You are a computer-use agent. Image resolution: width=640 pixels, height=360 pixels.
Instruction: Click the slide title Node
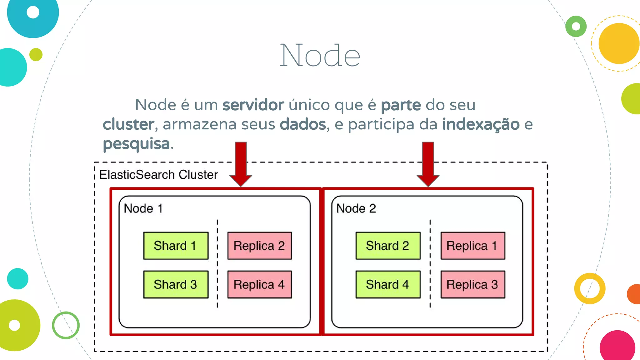(x=320, y=56)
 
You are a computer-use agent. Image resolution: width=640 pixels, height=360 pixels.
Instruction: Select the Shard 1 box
(x=176, y=246)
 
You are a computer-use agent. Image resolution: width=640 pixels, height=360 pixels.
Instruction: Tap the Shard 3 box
(x=176, y=284)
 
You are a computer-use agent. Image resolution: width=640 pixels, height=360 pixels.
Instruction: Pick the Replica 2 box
(x=259, y=246)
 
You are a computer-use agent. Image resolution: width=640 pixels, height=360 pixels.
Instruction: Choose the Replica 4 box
(x=259, y=284)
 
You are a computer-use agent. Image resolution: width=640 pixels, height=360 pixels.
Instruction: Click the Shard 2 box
(x=388, y=246)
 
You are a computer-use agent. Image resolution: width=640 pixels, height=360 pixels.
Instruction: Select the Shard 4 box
(x=388, y=284)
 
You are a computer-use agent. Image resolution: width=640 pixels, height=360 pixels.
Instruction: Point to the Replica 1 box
(x=472, y=246)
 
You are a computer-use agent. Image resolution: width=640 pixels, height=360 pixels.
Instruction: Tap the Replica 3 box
(x=472, y=284)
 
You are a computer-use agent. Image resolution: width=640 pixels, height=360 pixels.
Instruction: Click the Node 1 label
(x=143, y=208)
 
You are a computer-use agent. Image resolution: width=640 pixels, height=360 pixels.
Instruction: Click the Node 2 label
(x=356, y=208)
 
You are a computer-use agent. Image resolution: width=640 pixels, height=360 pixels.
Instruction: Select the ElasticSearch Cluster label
(x=158, y=175)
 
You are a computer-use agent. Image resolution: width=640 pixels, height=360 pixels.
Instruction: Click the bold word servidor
(x=253, y=105)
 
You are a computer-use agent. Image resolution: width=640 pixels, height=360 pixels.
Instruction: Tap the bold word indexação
(x=481, y=124)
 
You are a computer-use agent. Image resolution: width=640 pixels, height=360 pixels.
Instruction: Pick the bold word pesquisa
(x=136, y=144)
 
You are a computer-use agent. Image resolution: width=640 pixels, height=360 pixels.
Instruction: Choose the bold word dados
(x=302, y=124)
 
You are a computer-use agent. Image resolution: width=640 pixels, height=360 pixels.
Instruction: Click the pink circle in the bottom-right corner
(x=617, y=346)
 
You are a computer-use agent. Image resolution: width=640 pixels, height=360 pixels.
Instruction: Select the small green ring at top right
(x=576, y=26)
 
